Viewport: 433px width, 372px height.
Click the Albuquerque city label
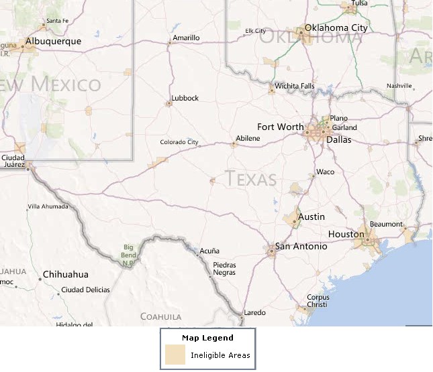coord(53,42)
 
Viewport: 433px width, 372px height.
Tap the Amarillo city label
coord(186,38)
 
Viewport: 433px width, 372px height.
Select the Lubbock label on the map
coord(185,99)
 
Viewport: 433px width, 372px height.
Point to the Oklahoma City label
coord(336,28)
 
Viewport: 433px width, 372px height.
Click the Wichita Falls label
coord(295,86)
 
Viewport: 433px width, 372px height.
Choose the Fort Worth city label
coord(280,127)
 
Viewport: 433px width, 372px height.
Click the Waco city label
coord(325,172)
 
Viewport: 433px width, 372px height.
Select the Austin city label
coord(311,217)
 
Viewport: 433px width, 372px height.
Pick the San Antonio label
coord(301,247)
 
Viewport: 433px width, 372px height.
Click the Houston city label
coord(346,235)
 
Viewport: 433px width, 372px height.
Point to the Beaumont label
coord(387,225)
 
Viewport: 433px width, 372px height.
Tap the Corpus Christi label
coord(318,301)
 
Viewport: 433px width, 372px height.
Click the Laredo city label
coord(254,313)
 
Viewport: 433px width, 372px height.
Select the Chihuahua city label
coord(65,275)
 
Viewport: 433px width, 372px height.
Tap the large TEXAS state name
coord(251,179)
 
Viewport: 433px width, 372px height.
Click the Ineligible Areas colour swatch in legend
coord(175,355)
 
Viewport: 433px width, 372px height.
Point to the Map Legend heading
coord(207,338)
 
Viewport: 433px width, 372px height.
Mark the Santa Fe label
coord(58,21)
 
